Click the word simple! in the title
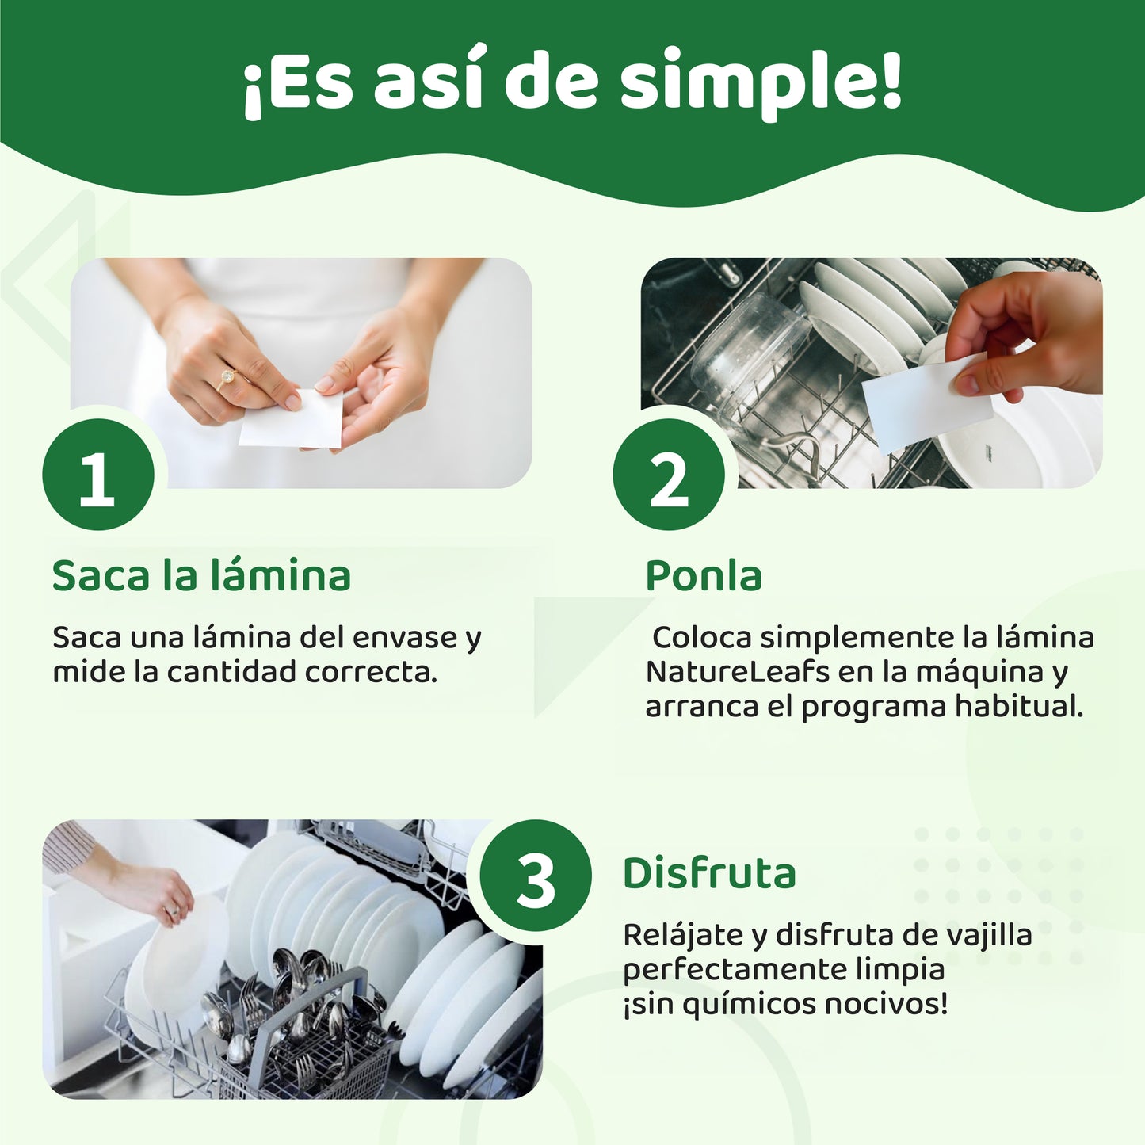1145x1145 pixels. point(761,83)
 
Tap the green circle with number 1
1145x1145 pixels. point(98,475)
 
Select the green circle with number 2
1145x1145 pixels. point(669,475)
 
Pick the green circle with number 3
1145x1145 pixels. point(536,876)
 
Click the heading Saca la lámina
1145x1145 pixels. point(201,575)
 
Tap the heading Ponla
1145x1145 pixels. point(704,575)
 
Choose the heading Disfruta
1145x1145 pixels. point(709,873)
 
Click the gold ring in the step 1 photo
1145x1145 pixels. point(227,377)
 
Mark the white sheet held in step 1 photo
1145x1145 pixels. point(291,418)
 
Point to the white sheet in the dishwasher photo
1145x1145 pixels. point(926,403)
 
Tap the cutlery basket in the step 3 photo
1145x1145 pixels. point(317,1030)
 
